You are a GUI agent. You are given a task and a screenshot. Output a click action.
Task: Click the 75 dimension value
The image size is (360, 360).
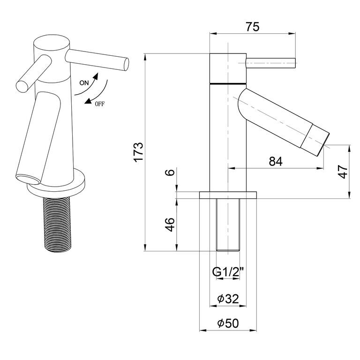253,27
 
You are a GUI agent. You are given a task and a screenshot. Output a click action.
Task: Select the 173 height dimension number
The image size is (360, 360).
139,153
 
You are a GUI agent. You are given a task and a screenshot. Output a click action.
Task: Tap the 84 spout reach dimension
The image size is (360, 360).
276,161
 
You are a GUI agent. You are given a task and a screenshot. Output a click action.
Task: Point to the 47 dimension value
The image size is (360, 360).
343,172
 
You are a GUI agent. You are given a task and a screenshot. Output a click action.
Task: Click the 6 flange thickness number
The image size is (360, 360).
170,172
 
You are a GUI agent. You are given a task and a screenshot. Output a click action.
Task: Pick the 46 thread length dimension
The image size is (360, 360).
170,225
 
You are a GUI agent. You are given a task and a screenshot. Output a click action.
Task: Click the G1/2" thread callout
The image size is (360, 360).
227,272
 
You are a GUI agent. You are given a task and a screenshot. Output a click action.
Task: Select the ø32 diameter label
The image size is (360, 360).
228,299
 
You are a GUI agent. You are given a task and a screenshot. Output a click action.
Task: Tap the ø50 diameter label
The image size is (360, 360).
228,323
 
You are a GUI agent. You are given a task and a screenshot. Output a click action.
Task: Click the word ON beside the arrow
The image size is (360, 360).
84,83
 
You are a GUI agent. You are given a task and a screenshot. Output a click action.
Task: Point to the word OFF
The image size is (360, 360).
100,104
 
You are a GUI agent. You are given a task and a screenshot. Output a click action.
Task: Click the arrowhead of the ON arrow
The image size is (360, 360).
96,76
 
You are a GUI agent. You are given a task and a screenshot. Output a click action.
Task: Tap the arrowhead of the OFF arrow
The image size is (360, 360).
88,101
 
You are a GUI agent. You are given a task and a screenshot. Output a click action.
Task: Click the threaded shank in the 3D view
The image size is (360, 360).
57,225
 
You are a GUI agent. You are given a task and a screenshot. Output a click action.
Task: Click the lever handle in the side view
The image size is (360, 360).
270,63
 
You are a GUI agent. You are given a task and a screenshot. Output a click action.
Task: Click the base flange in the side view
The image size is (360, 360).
228,195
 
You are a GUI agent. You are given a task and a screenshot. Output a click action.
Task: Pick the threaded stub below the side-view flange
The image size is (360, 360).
228,225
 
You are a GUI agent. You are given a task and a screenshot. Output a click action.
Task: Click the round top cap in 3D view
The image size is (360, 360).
52,43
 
